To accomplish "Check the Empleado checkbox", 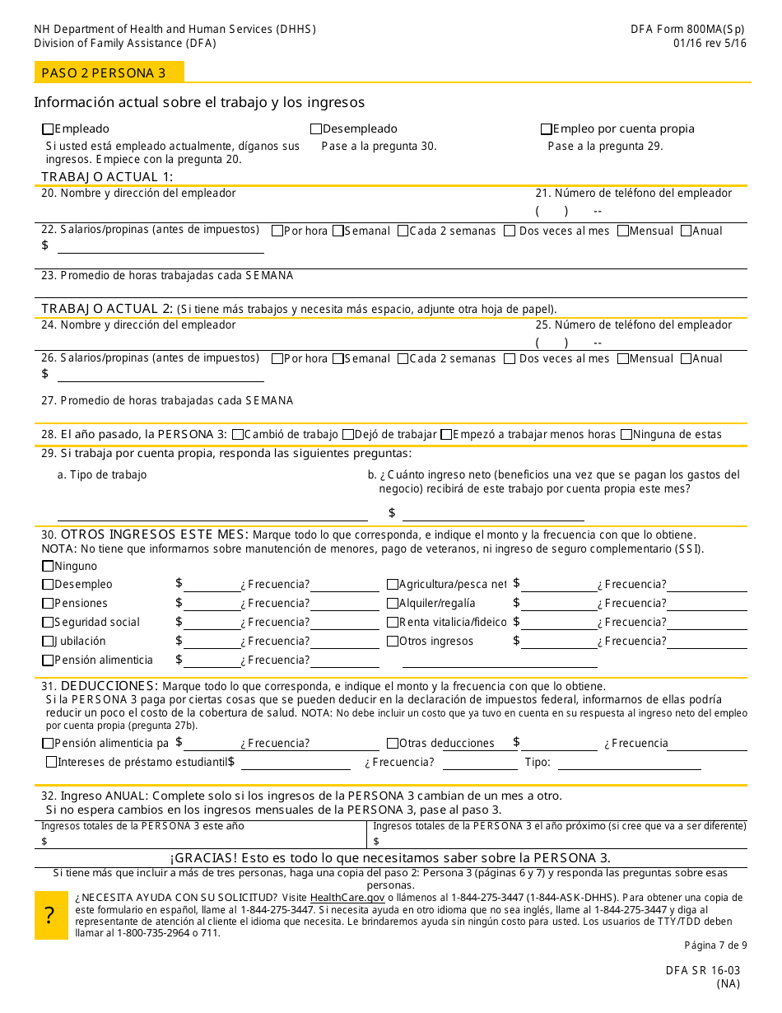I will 48,129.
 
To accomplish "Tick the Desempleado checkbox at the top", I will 316,129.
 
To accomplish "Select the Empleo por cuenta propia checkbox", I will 546,129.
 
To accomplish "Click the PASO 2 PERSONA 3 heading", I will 104,73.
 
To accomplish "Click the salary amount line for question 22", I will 161,246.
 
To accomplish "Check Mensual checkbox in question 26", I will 623,359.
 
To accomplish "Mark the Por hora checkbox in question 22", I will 277,231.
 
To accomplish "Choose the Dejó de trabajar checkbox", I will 348,435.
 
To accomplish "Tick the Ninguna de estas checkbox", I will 626,435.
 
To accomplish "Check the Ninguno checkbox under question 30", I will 48,567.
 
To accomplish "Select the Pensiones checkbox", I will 48,604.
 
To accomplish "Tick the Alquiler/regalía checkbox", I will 393,604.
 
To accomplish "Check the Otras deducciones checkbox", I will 393,744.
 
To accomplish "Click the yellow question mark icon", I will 50,915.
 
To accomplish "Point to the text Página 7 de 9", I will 715,945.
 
